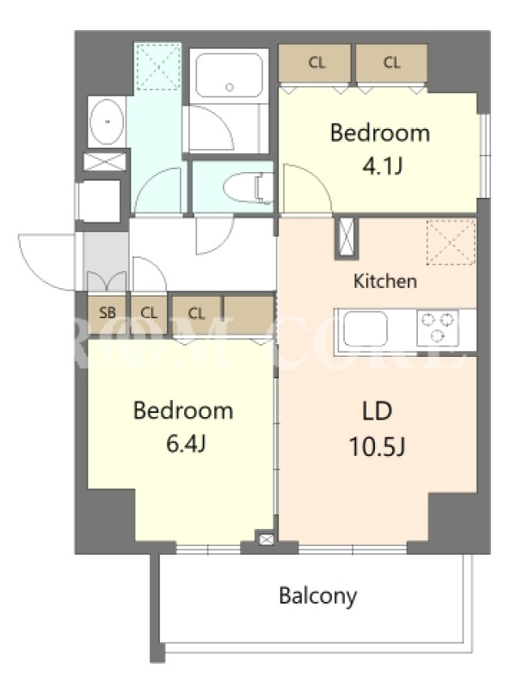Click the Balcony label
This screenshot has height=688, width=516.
tap(318, 596)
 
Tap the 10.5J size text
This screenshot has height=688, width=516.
tap(377, 447)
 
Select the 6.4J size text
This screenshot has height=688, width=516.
tap(186, 444)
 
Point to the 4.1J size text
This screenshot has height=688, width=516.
tap(382, 166)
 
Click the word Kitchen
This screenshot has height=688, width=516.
tap(385, 281)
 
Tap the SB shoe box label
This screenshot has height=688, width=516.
tap(107, 313)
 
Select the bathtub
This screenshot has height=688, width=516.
tap(229, 76)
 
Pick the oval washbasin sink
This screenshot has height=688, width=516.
tap(107, 121)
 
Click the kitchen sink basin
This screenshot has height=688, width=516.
tap(365, 329)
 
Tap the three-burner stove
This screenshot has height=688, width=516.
tap(438, 328)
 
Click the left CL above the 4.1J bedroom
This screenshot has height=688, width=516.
tap(316, 63)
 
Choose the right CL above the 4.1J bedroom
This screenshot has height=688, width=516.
tap(391, 63)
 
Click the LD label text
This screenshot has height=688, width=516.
tap(378, 412)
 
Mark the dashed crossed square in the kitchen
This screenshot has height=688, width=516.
tap(451, 243)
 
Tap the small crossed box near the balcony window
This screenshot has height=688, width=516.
tap(266, 539)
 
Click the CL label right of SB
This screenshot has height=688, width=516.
tap(149, 313)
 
